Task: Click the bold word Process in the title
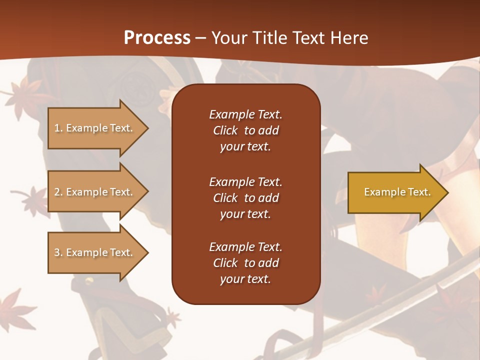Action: (x=157, y=37)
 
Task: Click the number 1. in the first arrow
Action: (x=58, y=128)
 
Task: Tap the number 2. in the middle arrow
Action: (x=58, y=192)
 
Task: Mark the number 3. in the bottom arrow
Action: (x=58, y=252)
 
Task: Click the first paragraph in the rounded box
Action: (x=245, y=130)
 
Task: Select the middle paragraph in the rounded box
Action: (x=245, y=198)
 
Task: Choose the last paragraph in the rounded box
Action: (x=245, y=263)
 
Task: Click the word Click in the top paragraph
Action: (x=225, y=130)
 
